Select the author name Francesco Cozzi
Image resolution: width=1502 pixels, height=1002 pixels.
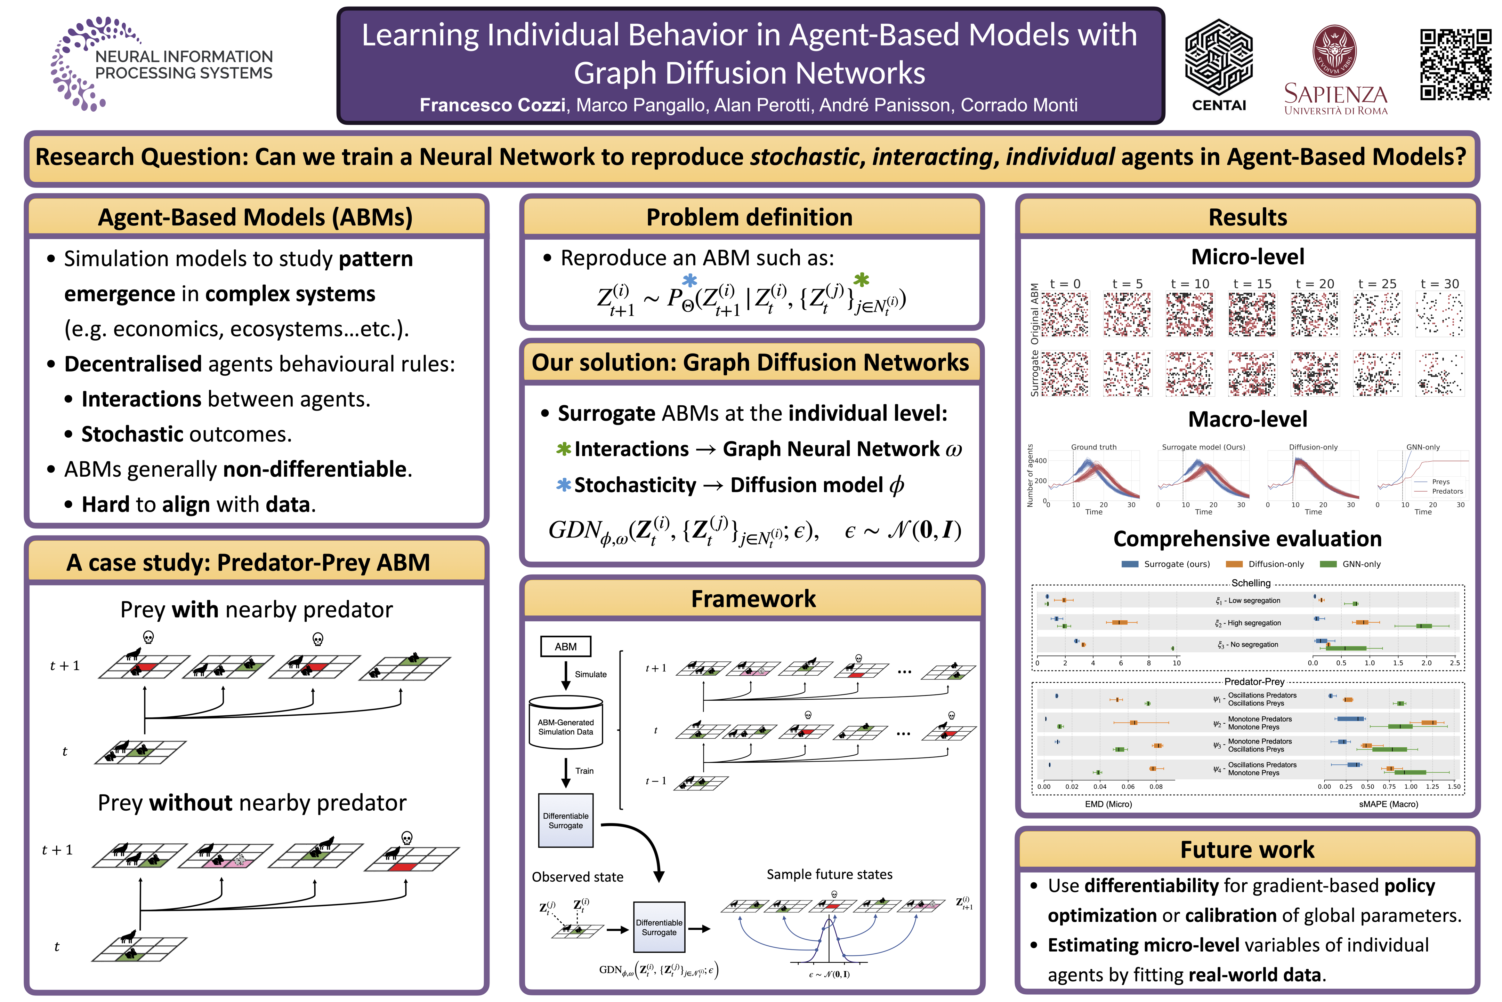[492, 105]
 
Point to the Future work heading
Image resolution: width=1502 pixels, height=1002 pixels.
[1246, 849]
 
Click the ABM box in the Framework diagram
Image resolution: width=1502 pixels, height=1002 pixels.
[565, 647]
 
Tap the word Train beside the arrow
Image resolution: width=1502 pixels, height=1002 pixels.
[584, 771]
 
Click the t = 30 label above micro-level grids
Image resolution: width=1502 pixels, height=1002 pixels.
[1439, 284]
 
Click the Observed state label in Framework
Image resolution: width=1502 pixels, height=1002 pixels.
[577, 877]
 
